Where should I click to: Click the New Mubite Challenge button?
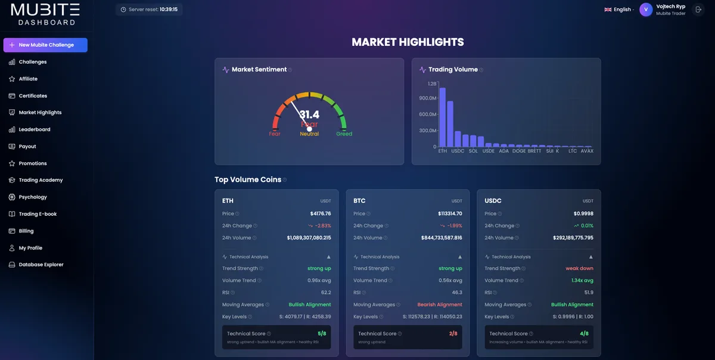pos(45,45)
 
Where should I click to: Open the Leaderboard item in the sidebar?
pos(34,129)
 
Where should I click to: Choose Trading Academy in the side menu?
pos(40,180)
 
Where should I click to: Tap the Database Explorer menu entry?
pos(41,265)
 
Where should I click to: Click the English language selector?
pos(619,10)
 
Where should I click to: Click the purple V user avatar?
pos(646,10)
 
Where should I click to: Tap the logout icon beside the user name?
pos(698,10)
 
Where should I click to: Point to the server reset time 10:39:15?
pos(169,10)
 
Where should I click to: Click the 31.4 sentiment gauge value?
pos(309,114)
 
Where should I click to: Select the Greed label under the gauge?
pos(344,134)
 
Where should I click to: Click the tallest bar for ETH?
pos(442,116)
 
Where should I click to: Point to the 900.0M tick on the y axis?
pos(428,98)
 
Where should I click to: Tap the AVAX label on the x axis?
pos(587,151)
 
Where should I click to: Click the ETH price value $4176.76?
pos(320,213)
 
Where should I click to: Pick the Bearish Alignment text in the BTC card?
pos(440,305)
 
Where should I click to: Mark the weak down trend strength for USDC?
pos(579,268)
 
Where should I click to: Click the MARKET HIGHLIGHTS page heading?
pos(408,42)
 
